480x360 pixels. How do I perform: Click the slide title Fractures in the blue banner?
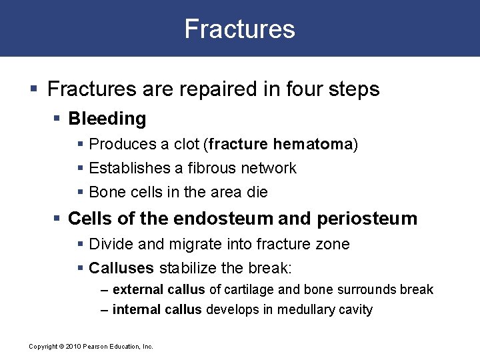coord(239,29)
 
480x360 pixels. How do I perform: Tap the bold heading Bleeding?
coord(107,119)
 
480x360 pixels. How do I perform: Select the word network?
coord(267,168)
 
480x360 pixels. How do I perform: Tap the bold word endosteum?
coord(225,219)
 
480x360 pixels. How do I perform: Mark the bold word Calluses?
coord(121,268)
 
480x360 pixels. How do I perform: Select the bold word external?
coord(139,290)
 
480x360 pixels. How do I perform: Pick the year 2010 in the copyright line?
coord(73,347)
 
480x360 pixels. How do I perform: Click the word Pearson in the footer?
coord(97,347)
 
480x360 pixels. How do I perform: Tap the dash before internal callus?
coord(105,309)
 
